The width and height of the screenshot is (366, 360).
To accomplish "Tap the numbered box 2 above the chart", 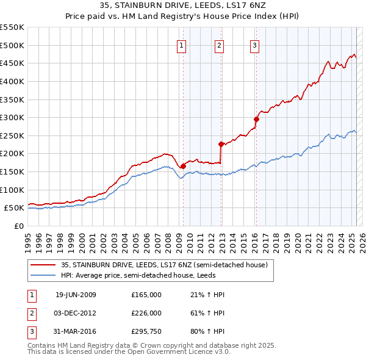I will tap(219, 45).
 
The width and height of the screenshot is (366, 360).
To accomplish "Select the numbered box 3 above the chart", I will tap(254, 45).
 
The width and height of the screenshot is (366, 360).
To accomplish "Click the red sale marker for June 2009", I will tap(183, 166).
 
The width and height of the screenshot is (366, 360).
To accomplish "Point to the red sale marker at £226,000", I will tap(221, 144).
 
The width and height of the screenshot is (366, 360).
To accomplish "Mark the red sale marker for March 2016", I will tap(256, 119).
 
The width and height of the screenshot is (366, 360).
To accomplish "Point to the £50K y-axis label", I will tap(15, 207).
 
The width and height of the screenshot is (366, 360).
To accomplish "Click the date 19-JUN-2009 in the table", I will tap(76, 295).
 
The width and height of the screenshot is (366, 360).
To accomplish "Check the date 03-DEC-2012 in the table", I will tap(76, 313).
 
